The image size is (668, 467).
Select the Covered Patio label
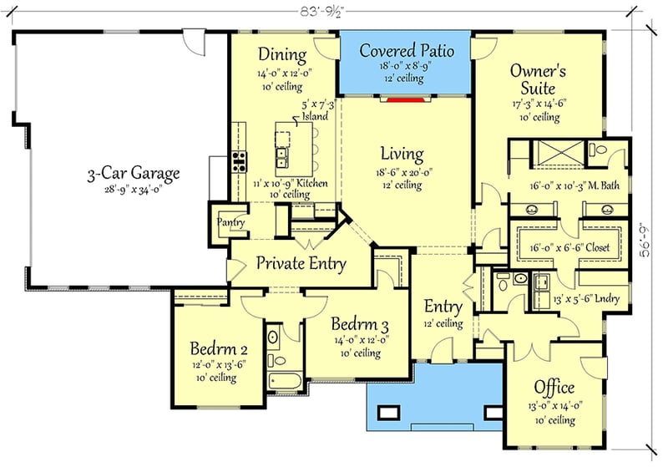click(x=407, y=51)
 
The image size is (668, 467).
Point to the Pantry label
click(x=230, y=222)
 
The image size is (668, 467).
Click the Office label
click(x=554, y=388)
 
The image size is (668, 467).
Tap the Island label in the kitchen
click(x=316, y=117)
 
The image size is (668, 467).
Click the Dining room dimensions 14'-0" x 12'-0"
click(x=283, y=73)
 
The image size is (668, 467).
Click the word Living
click(x=402, y=155)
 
